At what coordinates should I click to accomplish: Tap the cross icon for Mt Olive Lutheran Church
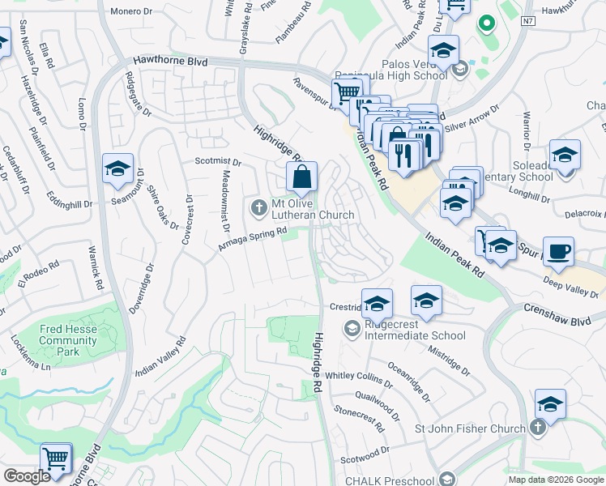(x=259, y=209)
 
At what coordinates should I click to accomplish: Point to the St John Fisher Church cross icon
(x=536, y=428)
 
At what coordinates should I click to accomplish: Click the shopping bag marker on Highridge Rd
(x=301, y=176)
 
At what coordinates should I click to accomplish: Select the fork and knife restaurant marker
(x=403, y=151)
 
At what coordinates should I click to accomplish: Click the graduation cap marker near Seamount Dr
(x=118, y=169)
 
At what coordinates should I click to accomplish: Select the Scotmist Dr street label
(x=213, y=161)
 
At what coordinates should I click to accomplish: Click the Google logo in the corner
(x=27, y=476)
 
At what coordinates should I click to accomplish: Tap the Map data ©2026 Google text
(x=557, y=480)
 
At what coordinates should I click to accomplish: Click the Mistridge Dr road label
(x=449, y=358)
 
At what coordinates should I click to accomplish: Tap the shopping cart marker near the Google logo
(x=56, y=458)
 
